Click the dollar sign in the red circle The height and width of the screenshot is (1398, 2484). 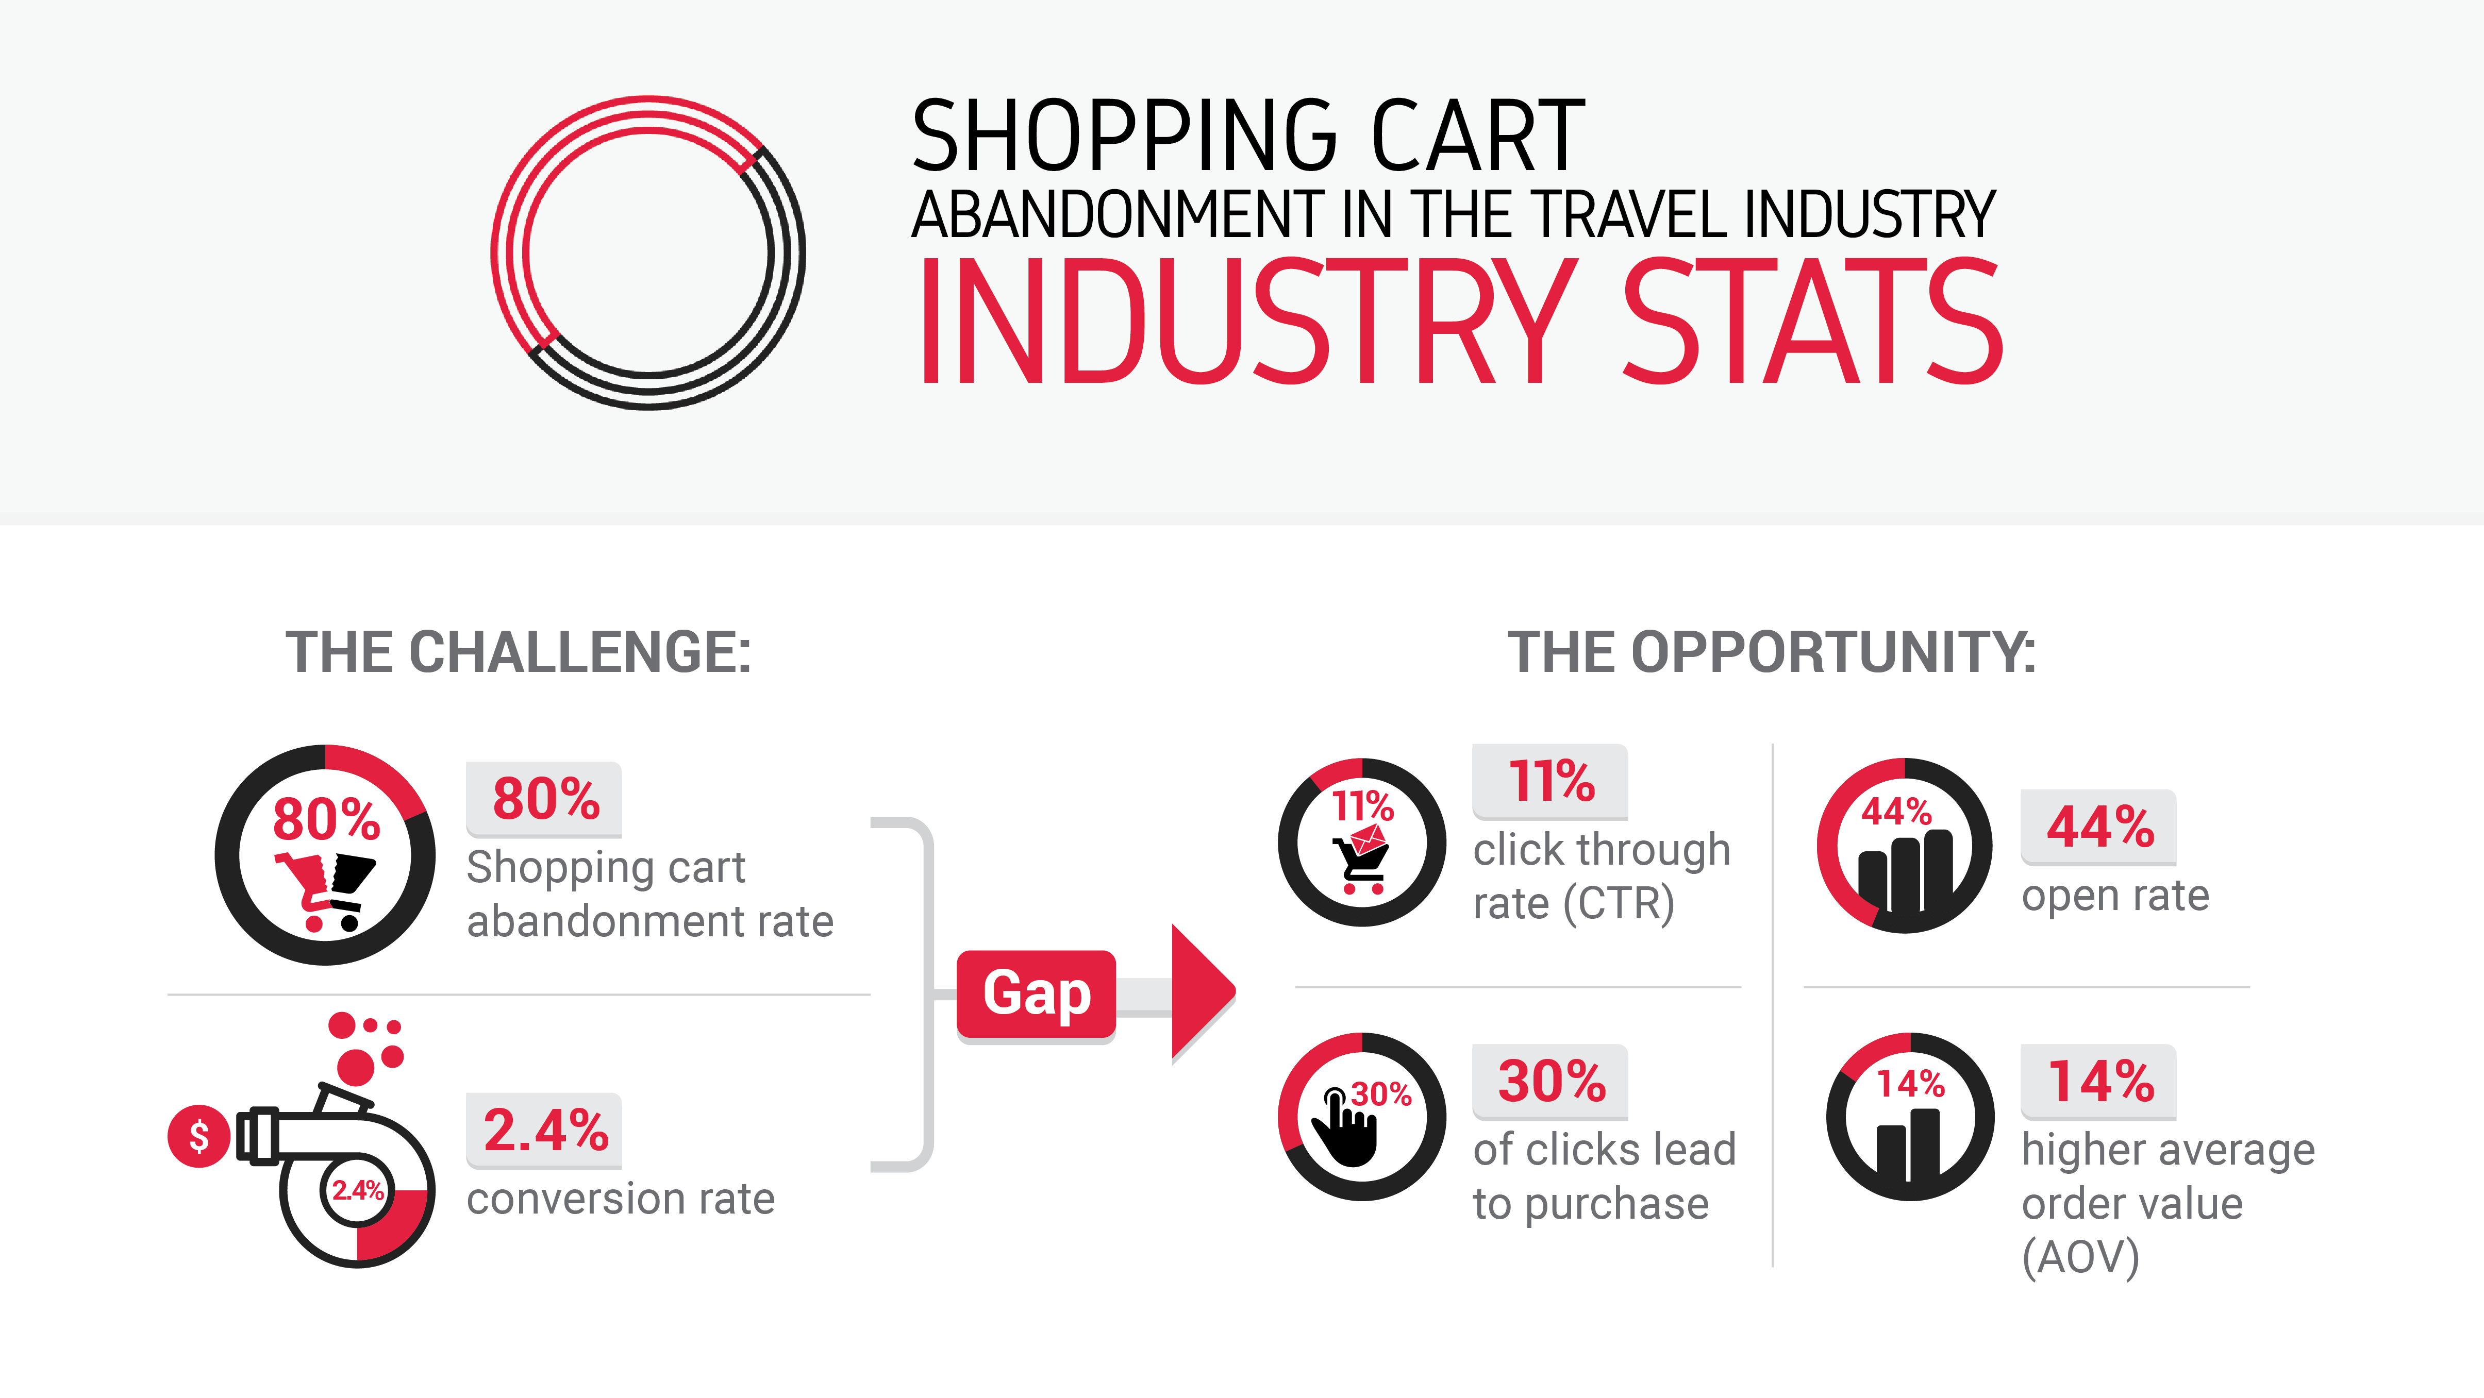tap(198, 1136)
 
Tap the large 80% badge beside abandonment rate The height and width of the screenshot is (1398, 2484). tap(545, 799)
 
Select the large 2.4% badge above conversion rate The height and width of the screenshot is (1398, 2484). tap(545, 1130)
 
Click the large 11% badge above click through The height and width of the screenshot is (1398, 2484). tap(1551, 781)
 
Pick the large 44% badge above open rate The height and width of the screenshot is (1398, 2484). tap(2099, 827)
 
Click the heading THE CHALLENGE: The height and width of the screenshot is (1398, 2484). tap(519, 653)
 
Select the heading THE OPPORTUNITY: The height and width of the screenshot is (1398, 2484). tap(1772, 653)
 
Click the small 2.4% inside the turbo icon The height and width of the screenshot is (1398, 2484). tap(358, 1190)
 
